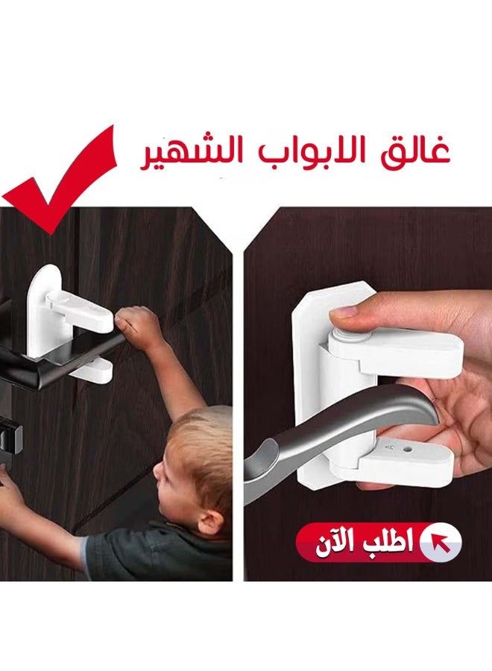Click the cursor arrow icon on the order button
click(441, 541)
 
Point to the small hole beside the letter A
click(407, 450)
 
